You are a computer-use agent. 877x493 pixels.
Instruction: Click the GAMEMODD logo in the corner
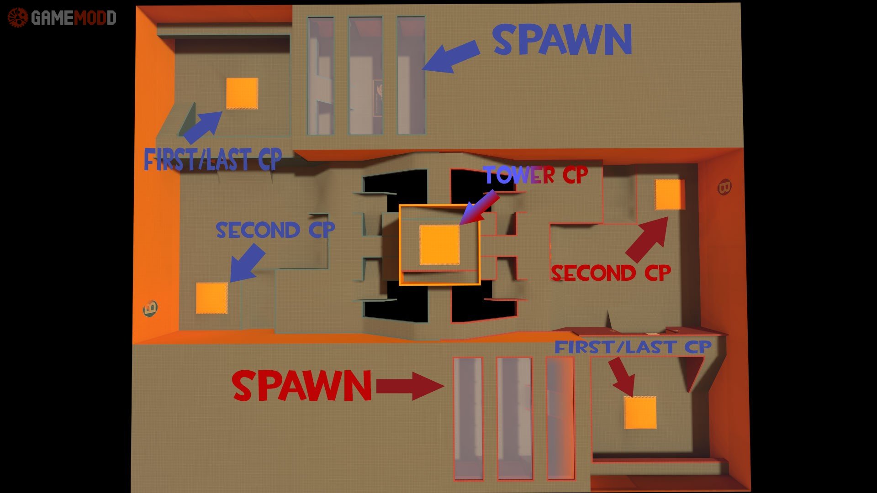[x=62, y=18]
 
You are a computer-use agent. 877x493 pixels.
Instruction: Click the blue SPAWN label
[x=562, y=40]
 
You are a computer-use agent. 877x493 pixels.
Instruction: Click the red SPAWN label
[x=301, y=386]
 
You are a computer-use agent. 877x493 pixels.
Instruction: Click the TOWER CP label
[x=535, y=174]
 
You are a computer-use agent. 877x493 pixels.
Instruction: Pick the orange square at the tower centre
[x=439, y=245]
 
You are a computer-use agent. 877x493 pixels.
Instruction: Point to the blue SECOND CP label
[x=275, y=230]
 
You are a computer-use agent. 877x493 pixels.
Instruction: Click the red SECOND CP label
[x=611, y=273]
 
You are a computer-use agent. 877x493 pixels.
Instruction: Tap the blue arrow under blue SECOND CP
[x=247, y=263]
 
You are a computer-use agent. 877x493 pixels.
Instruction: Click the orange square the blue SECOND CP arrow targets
[x=211, y=298]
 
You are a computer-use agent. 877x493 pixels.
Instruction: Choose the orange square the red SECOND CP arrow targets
[x=670, y=194]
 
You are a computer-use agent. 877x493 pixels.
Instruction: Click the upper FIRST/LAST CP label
[x=213, y=160]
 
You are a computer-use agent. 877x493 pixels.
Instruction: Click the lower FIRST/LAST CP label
[x=633, y=347]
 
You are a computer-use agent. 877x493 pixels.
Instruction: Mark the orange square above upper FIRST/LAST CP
[x=242, y=94]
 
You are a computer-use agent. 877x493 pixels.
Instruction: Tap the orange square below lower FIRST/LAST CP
[x=640, y=413]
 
